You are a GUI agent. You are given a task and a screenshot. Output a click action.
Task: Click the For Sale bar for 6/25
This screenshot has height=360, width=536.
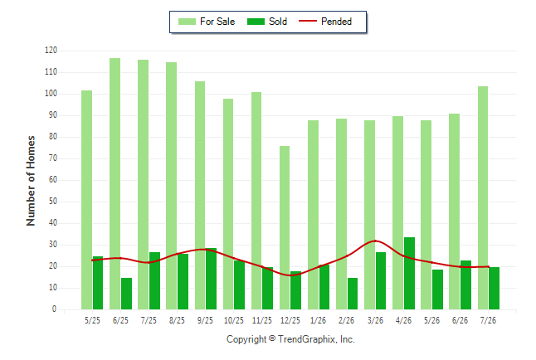click(115, 183)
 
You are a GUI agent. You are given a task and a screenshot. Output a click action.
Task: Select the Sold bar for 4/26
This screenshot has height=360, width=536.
click(410, 273)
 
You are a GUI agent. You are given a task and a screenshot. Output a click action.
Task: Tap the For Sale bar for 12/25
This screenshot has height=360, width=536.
click(285, 227)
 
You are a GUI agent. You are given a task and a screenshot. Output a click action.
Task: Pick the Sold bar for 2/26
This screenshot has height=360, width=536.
click(353, 294)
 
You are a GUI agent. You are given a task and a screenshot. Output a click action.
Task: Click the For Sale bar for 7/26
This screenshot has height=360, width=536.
click(483, 197)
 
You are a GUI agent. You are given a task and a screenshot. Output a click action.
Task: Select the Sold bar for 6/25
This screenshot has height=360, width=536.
click(126, 294)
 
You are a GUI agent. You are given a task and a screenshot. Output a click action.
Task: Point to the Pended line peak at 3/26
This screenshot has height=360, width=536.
click(375, 241)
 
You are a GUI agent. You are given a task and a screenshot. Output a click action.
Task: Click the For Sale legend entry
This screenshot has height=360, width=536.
click(207, 22)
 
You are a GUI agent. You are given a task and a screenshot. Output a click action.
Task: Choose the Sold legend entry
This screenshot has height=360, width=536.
click(267, 22)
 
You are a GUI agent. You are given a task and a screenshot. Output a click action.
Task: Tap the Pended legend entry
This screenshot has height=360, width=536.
click(325, 22)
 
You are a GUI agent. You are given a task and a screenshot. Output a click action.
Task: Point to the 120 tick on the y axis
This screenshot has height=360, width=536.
click(51, 51)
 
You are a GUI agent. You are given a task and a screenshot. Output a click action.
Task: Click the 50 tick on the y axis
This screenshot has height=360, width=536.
click(52, 202)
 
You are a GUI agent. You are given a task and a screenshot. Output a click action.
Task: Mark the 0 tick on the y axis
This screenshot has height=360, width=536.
click(55, 309)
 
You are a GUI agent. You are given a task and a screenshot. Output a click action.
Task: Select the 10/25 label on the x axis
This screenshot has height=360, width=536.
click(234, 320)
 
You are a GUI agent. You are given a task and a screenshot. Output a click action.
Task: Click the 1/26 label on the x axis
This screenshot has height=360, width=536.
click(319, 320)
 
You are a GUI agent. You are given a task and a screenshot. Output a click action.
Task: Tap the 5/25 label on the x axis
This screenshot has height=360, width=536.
click(92, 320)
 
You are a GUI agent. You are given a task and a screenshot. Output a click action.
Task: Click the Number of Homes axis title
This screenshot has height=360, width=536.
click(31, 181)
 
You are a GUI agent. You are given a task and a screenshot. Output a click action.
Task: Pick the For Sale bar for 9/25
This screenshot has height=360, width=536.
click(200, 195)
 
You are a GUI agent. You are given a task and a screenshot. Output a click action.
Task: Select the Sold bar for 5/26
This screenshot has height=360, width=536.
click(437, 289)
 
